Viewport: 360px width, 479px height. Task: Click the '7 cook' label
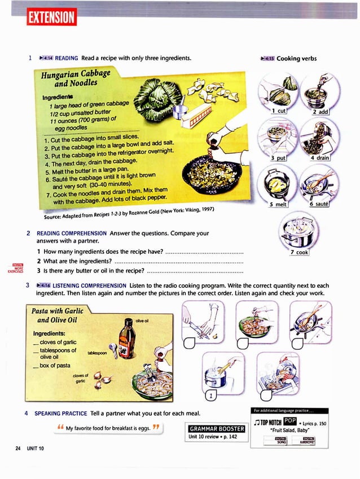click(x=300, y=252)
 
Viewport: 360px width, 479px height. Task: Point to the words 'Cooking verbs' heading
click(x=296, y=58)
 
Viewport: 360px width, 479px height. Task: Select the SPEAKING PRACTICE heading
click(x=60, y=412)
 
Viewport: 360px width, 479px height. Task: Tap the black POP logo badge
click(x=289, y=421)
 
